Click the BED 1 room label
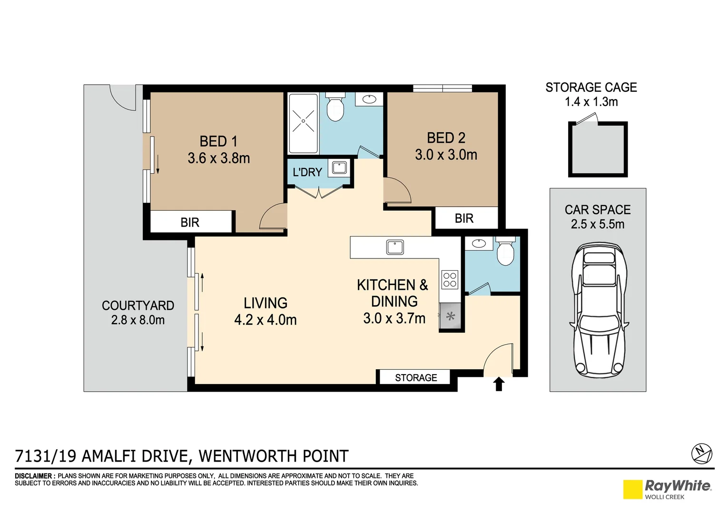[x=218, y=141]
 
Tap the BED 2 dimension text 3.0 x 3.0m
[x=446, y=155]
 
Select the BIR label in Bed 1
[x=190, y=222]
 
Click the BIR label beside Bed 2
[x=464, y=218]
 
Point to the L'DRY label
[x=307, y=172]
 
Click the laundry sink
[x=339, y=168]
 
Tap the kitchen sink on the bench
[x=395, y=247]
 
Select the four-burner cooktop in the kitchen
[x=450, y=279]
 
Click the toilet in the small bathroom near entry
[x=505, y=253]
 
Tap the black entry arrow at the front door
[x=499, y=384]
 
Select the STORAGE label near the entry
[x=416, y=378]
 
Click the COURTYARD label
[x=138, y=306]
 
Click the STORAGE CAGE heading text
[x=591, y=88]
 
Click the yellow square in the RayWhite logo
[x=632, y=489]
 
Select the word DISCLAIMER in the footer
[x=35, y=476]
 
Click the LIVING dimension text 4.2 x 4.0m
[x=265, y=320]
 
